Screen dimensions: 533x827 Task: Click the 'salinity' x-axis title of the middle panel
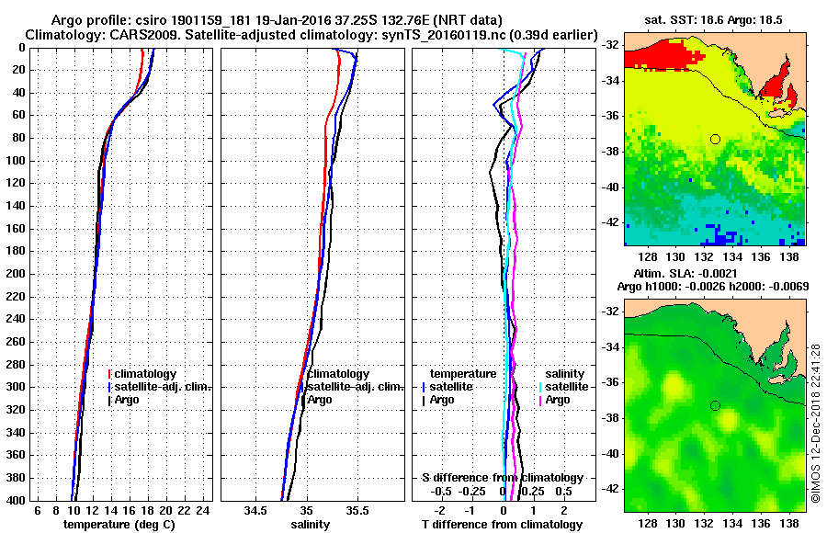pyautogui.click(x=311, y=525)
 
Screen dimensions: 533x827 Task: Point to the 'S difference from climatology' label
pyautogui.click(x=502, y=478)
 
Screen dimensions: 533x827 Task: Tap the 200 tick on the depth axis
pyautogui.click(x=15, y=274)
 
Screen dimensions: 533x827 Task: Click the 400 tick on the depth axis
pyautogui.click(x=15, y=500)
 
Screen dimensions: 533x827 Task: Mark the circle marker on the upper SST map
pyautogui.click(x=715, y=139)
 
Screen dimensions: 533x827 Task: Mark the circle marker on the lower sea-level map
pyautogui.click(x=715, y=405)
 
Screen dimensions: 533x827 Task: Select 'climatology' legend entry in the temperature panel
pyautogui.click(x=144, y=374)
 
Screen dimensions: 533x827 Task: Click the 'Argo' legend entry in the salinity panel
pyautogui.click(x=320, y=400)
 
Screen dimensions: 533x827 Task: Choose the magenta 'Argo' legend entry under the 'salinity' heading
pyautogui.click(x=558, y=400)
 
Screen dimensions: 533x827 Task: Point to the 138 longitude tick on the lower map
pyautogui.click(x=788, y=521)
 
